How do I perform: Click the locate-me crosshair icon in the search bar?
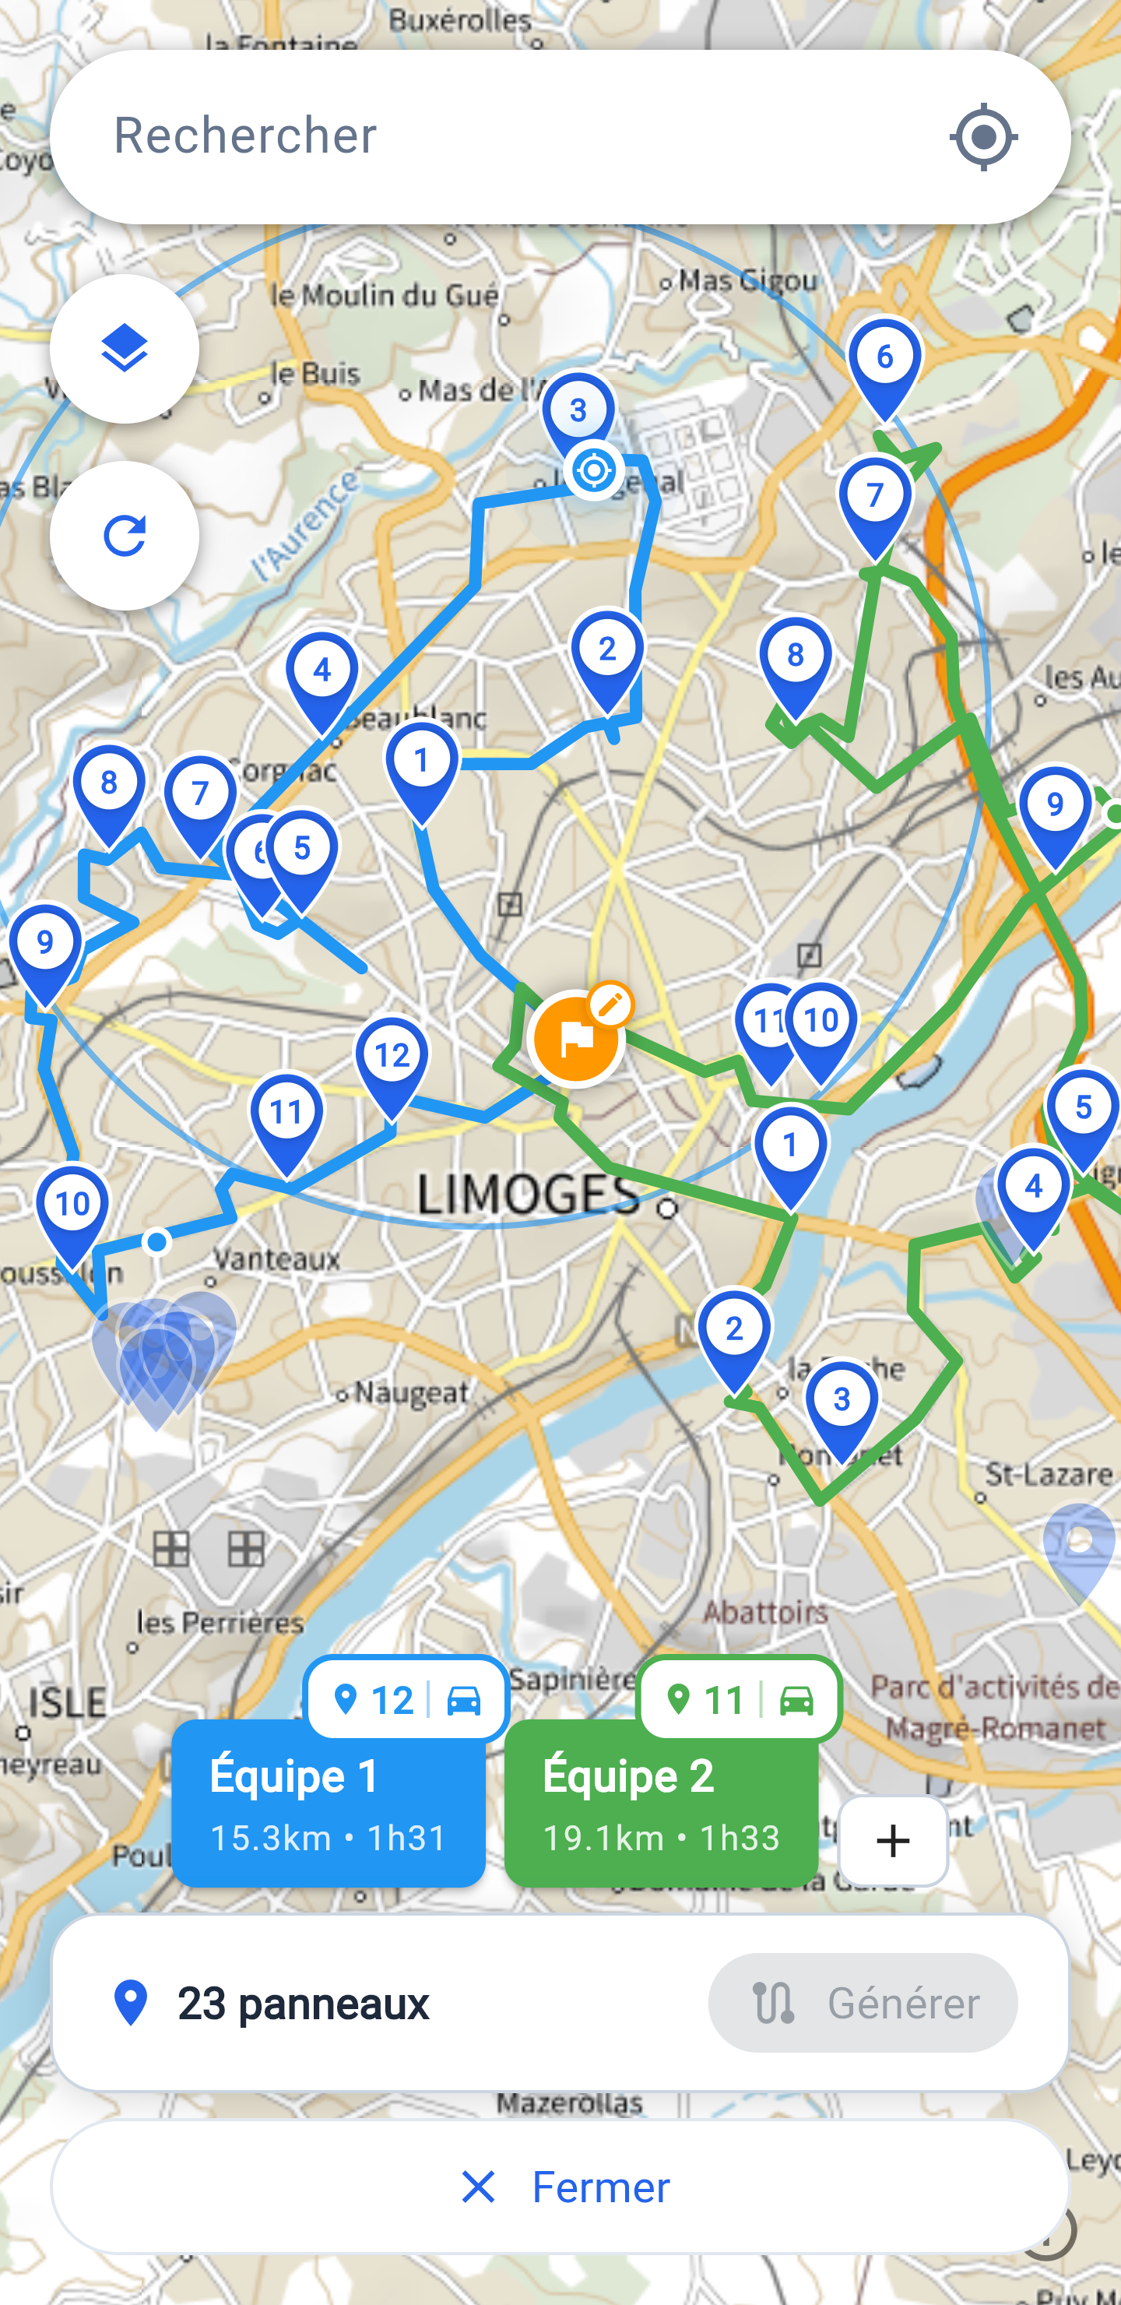[x=983, y=137]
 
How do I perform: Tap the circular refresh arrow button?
[x=125, y=536]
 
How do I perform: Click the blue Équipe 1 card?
[x=329, y=1803]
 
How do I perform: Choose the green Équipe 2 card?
[x=661, y=1803]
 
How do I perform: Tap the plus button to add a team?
[x=893, y=1842]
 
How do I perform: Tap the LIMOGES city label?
[x=528, y=1194]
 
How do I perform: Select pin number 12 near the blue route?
[x=392, y=1057]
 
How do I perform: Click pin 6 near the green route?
[x=884, y=358]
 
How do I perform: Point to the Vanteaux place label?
[x=276, y=1259]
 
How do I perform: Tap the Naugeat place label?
[x=411, y=1392]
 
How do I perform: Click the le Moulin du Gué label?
[x=385, y=295]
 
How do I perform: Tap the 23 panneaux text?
[x=304, y=2004]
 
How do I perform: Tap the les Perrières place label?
[x=220, y=1622]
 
